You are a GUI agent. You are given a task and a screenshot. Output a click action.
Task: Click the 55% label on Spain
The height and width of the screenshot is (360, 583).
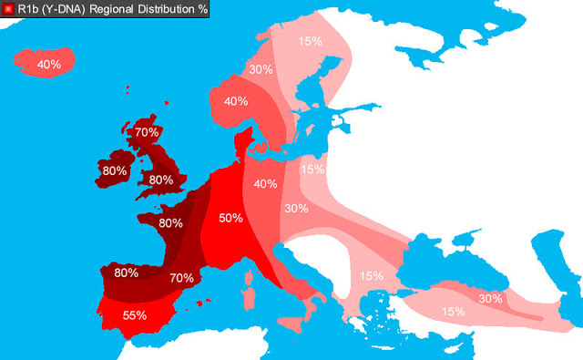135,314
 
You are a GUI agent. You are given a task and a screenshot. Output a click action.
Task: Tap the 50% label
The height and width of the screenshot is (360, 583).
230,219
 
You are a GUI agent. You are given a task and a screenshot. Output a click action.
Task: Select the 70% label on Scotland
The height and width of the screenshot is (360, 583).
147,132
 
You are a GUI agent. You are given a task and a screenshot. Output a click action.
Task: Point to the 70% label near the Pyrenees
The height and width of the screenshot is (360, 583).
182,277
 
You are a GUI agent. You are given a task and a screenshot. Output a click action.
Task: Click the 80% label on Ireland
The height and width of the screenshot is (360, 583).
115,170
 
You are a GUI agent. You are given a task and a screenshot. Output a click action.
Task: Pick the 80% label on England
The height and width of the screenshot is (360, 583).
161,180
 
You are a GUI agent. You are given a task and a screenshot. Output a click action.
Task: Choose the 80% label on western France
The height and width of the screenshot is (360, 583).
171,222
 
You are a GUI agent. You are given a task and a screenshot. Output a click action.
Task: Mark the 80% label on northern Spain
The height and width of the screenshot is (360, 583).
127,272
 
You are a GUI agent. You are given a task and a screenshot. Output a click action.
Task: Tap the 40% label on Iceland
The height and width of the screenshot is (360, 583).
48,64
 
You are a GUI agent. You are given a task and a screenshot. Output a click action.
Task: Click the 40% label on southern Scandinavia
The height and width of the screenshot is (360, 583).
236,100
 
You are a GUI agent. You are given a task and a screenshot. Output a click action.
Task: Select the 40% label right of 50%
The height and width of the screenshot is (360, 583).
266,184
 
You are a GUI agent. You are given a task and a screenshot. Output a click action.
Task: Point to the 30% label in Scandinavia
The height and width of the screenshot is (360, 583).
261,69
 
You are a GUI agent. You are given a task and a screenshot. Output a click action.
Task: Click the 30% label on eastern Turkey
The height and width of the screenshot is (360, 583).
491,298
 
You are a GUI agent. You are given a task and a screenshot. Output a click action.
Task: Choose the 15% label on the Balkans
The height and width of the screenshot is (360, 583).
372,275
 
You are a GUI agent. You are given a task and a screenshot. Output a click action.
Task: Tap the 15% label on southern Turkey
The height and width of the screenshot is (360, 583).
454,312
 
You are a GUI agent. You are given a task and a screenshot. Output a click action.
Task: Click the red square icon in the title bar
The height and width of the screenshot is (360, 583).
9,9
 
